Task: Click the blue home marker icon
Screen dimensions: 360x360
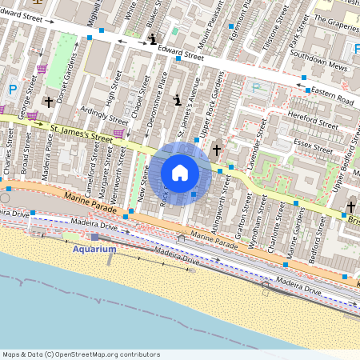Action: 180,172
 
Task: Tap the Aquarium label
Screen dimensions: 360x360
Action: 94,249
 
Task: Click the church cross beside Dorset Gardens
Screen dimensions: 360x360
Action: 50,102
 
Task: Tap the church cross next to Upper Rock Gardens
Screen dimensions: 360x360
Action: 216,150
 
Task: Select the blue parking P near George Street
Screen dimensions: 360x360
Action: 12,90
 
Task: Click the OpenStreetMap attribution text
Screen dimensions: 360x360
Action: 80,354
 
